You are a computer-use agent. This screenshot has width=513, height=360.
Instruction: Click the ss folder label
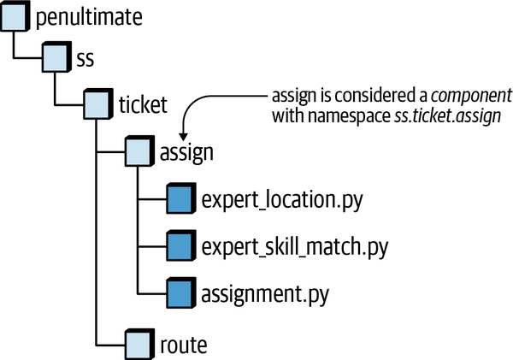tap(85, 61)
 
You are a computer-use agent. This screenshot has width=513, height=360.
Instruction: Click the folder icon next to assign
tap(139, 152)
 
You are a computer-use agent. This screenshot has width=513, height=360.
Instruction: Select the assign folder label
tap(186, 153)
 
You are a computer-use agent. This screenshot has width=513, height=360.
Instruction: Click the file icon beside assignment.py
tap(180, 294)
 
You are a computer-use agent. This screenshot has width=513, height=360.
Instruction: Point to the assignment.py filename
tap(264, 295)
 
